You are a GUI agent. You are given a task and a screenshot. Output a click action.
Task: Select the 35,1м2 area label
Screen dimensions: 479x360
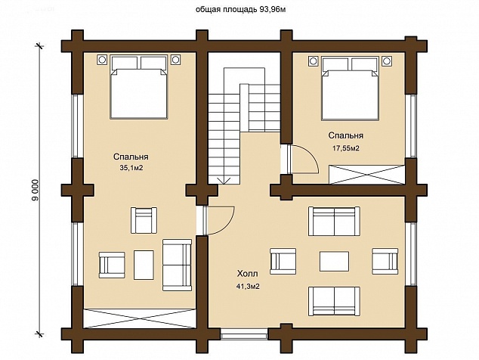131,168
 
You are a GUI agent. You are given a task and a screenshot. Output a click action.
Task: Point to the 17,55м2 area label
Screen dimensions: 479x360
346,148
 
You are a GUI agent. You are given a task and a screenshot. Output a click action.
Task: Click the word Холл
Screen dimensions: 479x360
248,273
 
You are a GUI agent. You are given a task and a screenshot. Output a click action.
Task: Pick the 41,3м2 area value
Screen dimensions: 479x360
248,287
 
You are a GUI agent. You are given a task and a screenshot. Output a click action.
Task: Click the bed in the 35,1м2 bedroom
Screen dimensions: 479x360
139,87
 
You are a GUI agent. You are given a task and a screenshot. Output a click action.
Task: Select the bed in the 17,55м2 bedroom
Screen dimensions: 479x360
350,88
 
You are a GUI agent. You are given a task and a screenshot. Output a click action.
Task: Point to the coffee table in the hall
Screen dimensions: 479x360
334,261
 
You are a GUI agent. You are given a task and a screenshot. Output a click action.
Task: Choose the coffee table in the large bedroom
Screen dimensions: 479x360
144,265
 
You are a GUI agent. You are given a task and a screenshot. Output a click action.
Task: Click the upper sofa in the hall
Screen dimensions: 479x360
334,221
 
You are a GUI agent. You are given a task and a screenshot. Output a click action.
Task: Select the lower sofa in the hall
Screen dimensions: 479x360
334,301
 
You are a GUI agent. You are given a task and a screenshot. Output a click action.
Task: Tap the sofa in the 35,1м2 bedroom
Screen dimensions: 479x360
178,265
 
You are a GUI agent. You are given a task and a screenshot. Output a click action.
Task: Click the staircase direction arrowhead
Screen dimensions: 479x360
224,181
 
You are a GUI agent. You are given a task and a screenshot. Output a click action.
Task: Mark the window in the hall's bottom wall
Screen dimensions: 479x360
244,334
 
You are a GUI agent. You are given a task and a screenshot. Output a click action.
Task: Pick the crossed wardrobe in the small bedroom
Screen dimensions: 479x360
367,175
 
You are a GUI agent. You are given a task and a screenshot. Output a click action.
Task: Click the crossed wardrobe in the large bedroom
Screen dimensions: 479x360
140,318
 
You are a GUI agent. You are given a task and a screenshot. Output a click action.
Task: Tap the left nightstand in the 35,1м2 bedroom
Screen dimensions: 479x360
102,59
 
